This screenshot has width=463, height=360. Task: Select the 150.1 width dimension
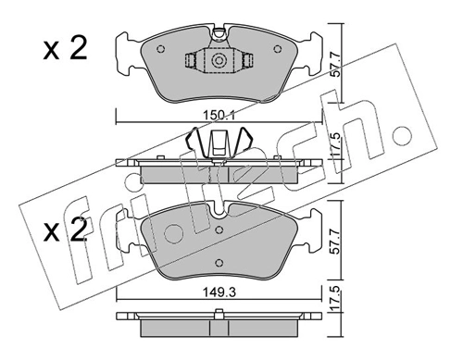220,114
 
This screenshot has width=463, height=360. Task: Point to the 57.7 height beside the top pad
338,66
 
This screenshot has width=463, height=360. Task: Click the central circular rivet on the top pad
219,62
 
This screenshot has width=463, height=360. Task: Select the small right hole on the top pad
279,50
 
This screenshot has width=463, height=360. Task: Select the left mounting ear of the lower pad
128,243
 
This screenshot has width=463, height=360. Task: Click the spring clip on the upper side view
219,143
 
